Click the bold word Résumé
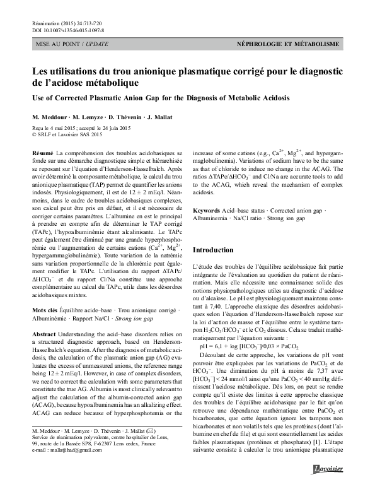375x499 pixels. click(x=42, y=153)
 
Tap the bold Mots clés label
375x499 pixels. click(x=44, y=293)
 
